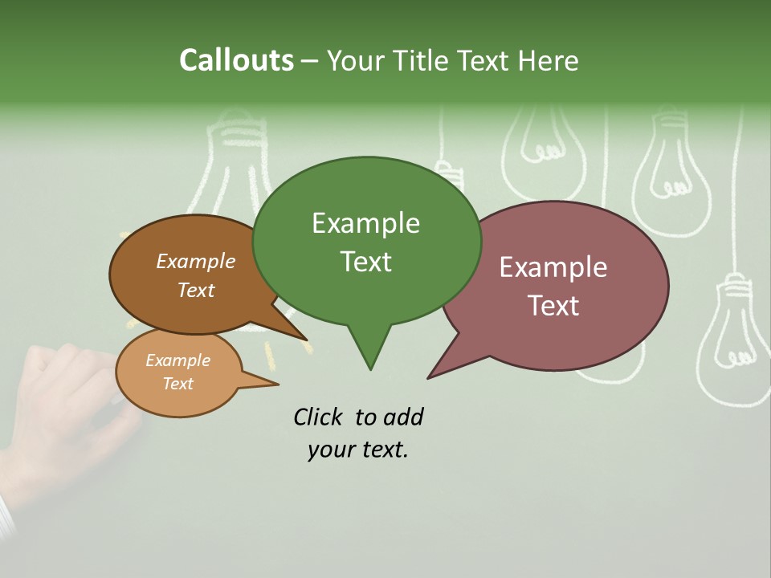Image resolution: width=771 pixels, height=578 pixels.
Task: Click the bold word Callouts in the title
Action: tap(236, 60)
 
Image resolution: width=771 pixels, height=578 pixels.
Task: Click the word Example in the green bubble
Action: tap(365, 223)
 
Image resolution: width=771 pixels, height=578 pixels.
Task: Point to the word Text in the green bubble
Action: tap(365, 262)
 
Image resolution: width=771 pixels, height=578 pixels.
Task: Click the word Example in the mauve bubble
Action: tap(553, 267)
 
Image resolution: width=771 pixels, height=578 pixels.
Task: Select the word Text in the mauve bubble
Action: tap(554, 306)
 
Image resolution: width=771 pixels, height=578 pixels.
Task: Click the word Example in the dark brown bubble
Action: tap(196, 261)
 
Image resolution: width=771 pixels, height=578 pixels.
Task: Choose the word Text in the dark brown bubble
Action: tap(196, 290)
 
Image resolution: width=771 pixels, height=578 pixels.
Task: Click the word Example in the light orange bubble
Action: tap(178, 360)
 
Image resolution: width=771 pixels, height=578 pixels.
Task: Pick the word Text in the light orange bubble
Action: tap(178, 384)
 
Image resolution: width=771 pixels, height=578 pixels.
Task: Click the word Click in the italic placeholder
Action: tap(319, 417)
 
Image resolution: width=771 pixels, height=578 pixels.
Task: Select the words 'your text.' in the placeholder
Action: tap(358, 450)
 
